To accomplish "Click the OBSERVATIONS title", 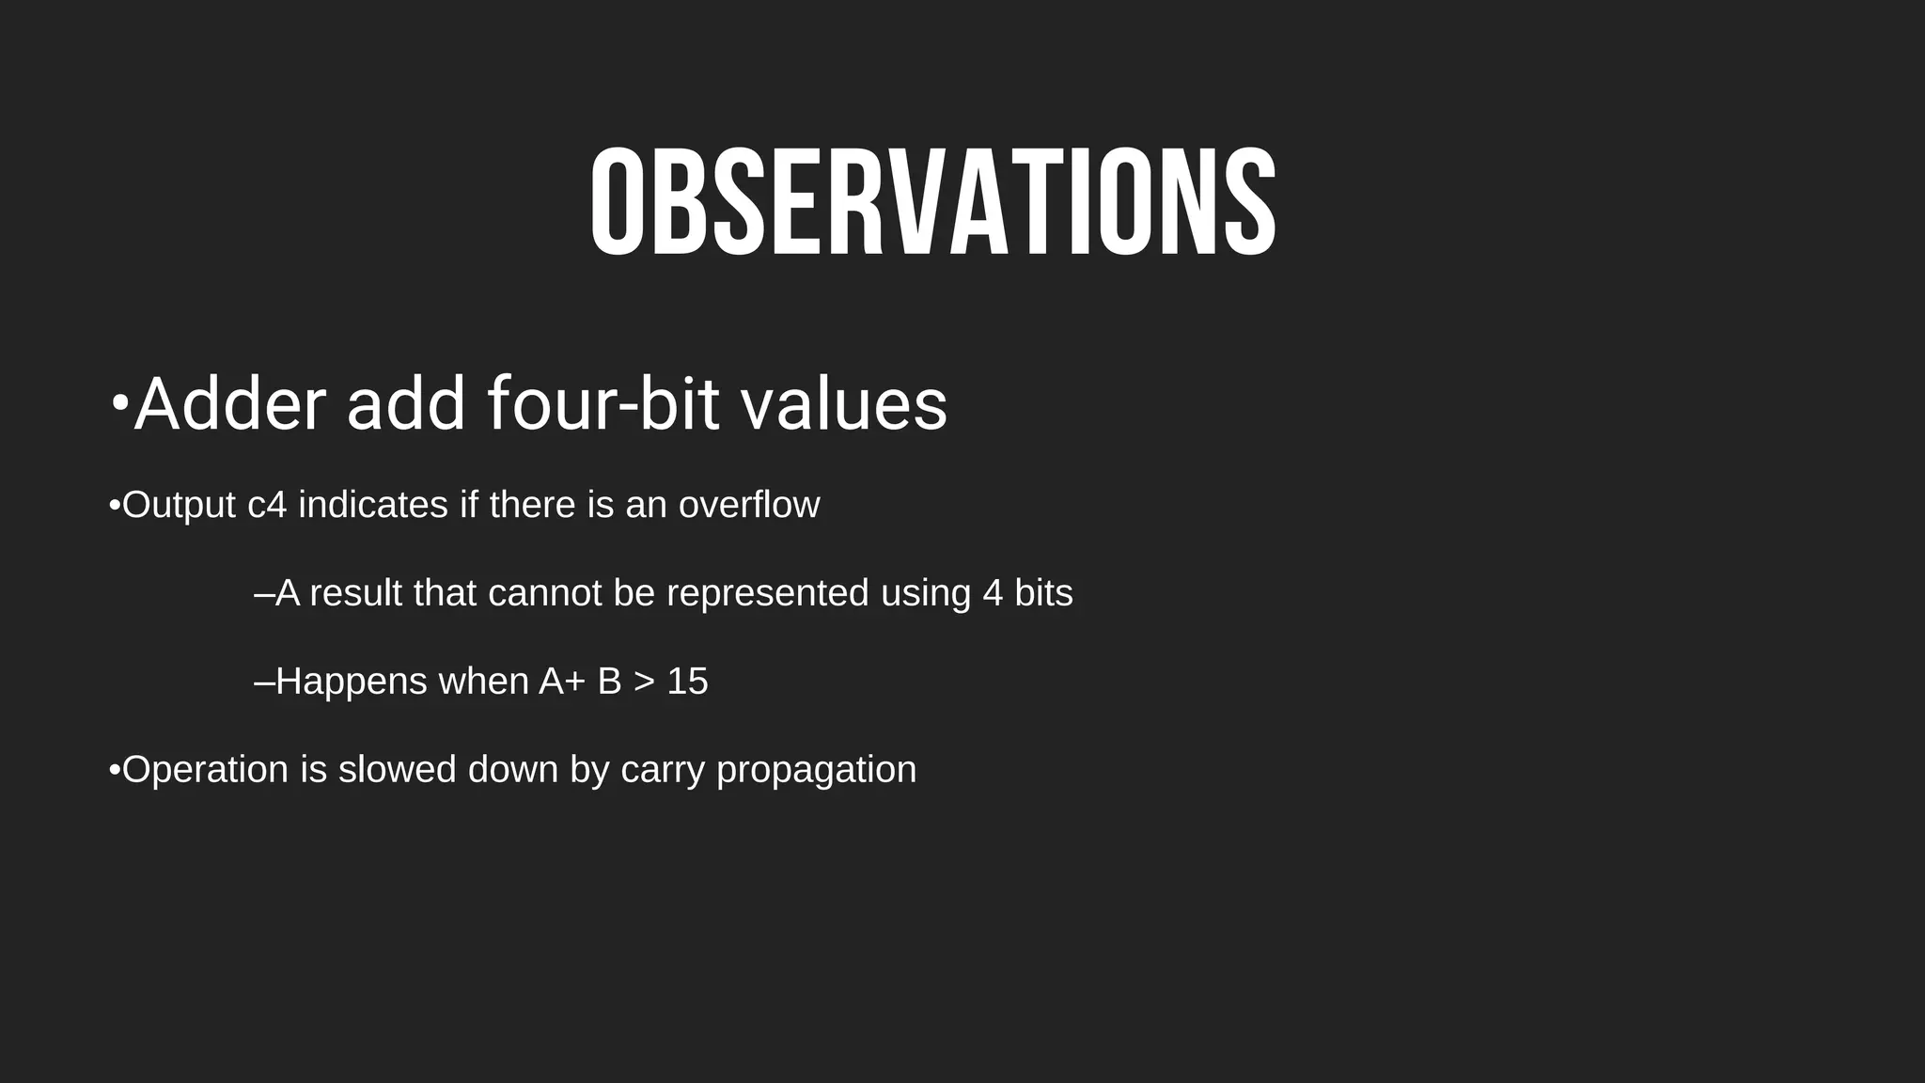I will [933, 202].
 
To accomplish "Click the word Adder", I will [230, 404].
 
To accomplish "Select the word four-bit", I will [603, 404].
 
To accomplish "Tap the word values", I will [843, 404].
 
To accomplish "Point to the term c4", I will [266, 506].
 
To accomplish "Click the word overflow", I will [749, 505].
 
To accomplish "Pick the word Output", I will [179, 506].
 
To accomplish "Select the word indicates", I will [373, 505].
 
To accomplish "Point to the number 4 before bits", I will [993, 593].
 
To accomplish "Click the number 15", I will [687, 682].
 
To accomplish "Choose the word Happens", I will [352, 682].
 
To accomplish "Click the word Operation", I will [205, 770].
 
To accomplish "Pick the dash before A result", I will [264, 594].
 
